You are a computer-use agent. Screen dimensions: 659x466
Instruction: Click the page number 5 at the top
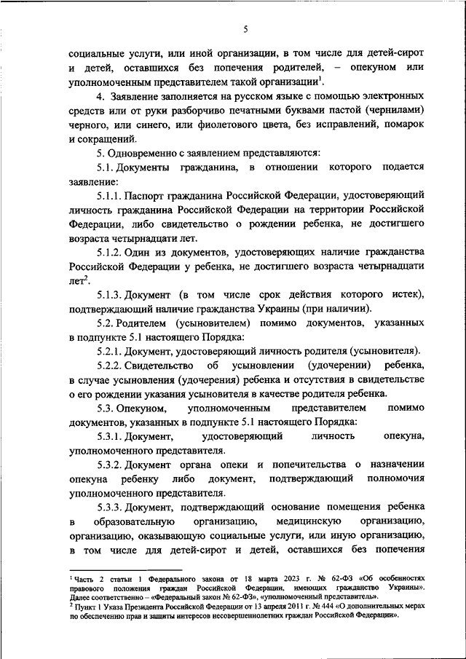coord(245,29)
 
